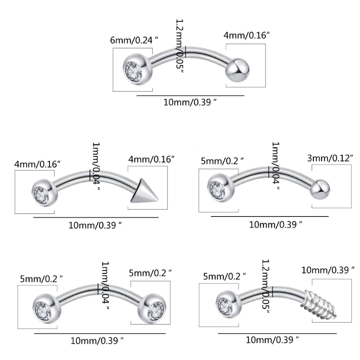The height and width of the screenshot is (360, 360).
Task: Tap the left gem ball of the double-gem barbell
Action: pyautogui.click(x=45, y=308)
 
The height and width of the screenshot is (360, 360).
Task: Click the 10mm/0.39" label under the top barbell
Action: pyautogui.click(x=190, y=103)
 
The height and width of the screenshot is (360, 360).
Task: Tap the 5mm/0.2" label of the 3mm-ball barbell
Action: pyautogui.click(x=223, y=159)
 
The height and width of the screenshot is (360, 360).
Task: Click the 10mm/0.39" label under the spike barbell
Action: pyautogui.click(x=95, y=225)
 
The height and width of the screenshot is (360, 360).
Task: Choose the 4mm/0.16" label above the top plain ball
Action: pyautogui.click(x=247, y=35)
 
